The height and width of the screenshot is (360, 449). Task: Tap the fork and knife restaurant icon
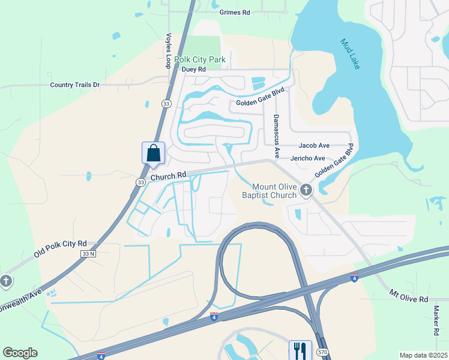[x=300, y=350]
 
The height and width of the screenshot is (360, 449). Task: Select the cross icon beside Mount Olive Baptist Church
[x=306, y=191]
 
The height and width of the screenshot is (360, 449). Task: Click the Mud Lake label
[x=350, y=54]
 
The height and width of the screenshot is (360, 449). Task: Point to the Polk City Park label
[x=200, y=59]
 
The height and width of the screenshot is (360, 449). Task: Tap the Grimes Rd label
[x=235, y=12]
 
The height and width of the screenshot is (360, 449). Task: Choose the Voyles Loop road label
[x=169, y=50]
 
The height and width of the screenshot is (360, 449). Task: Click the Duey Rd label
[x=194, y=70]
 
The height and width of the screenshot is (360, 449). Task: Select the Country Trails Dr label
[x=74, y=85]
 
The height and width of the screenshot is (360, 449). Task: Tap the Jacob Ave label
[x=315, y=145]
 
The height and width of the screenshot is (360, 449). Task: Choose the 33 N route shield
[x=88, y=254]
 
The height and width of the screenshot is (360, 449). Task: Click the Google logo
[x=20, y=353]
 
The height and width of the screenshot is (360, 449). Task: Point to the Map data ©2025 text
[x=423, y=355]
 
